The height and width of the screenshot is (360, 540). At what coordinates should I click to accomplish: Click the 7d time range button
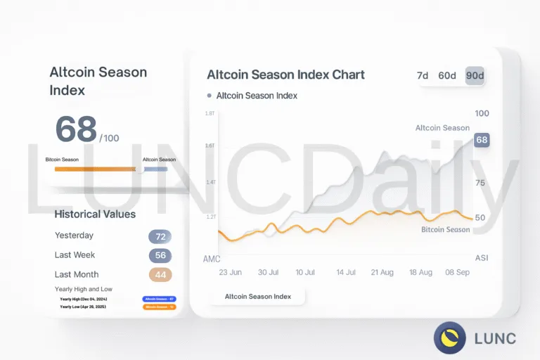423,76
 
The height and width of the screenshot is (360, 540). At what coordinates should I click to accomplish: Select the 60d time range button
447,76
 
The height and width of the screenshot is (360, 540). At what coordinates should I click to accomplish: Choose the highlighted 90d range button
475,76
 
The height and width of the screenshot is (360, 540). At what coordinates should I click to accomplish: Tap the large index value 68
76,129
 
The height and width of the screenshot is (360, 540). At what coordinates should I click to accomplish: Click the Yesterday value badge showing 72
160,236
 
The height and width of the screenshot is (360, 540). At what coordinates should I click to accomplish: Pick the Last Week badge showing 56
160,256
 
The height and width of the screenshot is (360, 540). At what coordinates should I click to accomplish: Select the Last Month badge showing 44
160,275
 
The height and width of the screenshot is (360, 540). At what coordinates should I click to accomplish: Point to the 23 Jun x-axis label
231,272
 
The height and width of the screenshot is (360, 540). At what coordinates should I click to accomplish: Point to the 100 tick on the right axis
482,113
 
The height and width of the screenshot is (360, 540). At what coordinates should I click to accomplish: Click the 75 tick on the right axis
480,182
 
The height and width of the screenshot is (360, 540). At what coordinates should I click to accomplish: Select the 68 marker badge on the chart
482,140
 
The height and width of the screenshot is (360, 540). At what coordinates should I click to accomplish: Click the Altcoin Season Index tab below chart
258,297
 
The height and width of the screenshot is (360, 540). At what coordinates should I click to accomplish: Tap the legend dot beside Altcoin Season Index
210,96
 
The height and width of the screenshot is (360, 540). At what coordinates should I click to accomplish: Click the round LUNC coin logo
449,337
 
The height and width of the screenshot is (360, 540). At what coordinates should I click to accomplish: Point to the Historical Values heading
95,214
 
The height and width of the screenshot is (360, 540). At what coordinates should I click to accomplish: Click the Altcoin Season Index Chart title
285,75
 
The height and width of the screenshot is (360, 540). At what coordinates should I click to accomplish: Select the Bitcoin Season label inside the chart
445,230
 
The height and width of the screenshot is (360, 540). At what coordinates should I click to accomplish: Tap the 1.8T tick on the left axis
210,113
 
